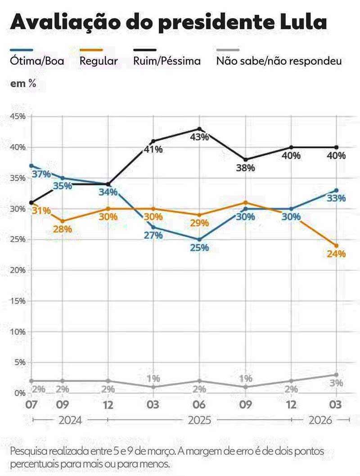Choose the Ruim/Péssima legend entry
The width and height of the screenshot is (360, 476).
(x=167, y=60)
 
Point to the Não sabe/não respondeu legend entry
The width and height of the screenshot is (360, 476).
(x=279, y=60)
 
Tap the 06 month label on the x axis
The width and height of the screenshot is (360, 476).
(x=199, y=405)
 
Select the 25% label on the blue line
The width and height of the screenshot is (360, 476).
(x=199, y=247)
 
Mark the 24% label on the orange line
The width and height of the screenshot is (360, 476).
(x=336, y=254)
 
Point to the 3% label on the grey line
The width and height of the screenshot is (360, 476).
(x=337, y=383)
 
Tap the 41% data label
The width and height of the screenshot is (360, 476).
(x=153, y=150)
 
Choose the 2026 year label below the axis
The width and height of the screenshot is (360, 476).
(x=320, y=421)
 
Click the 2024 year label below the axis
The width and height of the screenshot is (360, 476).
(x=70, y=421)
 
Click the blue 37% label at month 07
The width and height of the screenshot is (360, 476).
(x=41, y=174)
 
